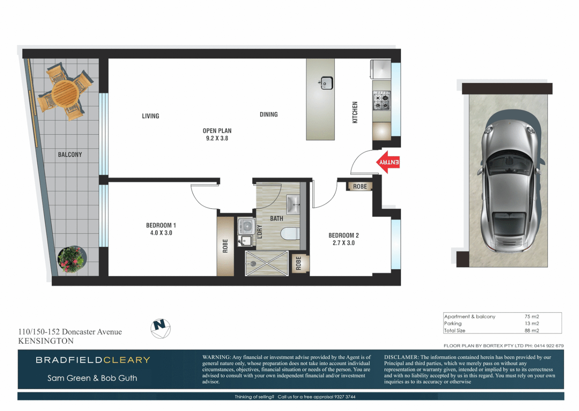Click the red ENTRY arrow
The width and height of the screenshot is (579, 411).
pos(388,162)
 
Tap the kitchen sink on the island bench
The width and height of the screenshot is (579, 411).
pos(326,83)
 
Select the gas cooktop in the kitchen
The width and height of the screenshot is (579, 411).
pos(381,100)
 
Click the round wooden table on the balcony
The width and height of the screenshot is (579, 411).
pos(65,92)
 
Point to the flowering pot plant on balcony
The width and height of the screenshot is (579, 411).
pos(71,260)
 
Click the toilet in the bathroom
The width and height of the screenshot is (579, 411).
pos(290,233)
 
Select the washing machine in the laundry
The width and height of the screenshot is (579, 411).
pos(247,226)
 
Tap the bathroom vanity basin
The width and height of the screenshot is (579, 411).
pos(293,205)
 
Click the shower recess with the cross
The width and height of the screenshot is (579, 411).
pos(266,263)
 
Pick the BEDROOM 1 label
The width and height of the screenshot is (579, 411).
pos(161,225)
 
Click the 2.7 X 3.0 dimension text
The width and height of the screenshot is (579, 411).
pos(344,243)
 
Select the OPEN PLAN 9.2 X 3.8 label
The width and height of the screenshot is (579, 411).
pos(217,134)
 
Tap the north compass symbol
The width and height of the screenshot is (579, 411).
pos(161,328)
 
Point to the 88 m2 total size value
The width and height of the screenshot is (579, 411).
pos(531,330)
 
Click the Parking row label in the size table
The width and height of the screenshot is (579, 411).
pos(453,323)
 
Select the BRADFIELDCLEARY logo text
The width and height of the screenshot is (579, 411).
pos(93,360)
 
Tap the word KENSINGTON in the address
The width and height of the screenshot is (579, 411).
pos(46,341)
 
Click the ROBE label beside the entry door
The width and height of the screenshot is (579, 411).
pos(360,186)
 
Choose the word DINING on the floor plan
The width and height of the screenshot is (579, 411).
pos(269,115)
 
